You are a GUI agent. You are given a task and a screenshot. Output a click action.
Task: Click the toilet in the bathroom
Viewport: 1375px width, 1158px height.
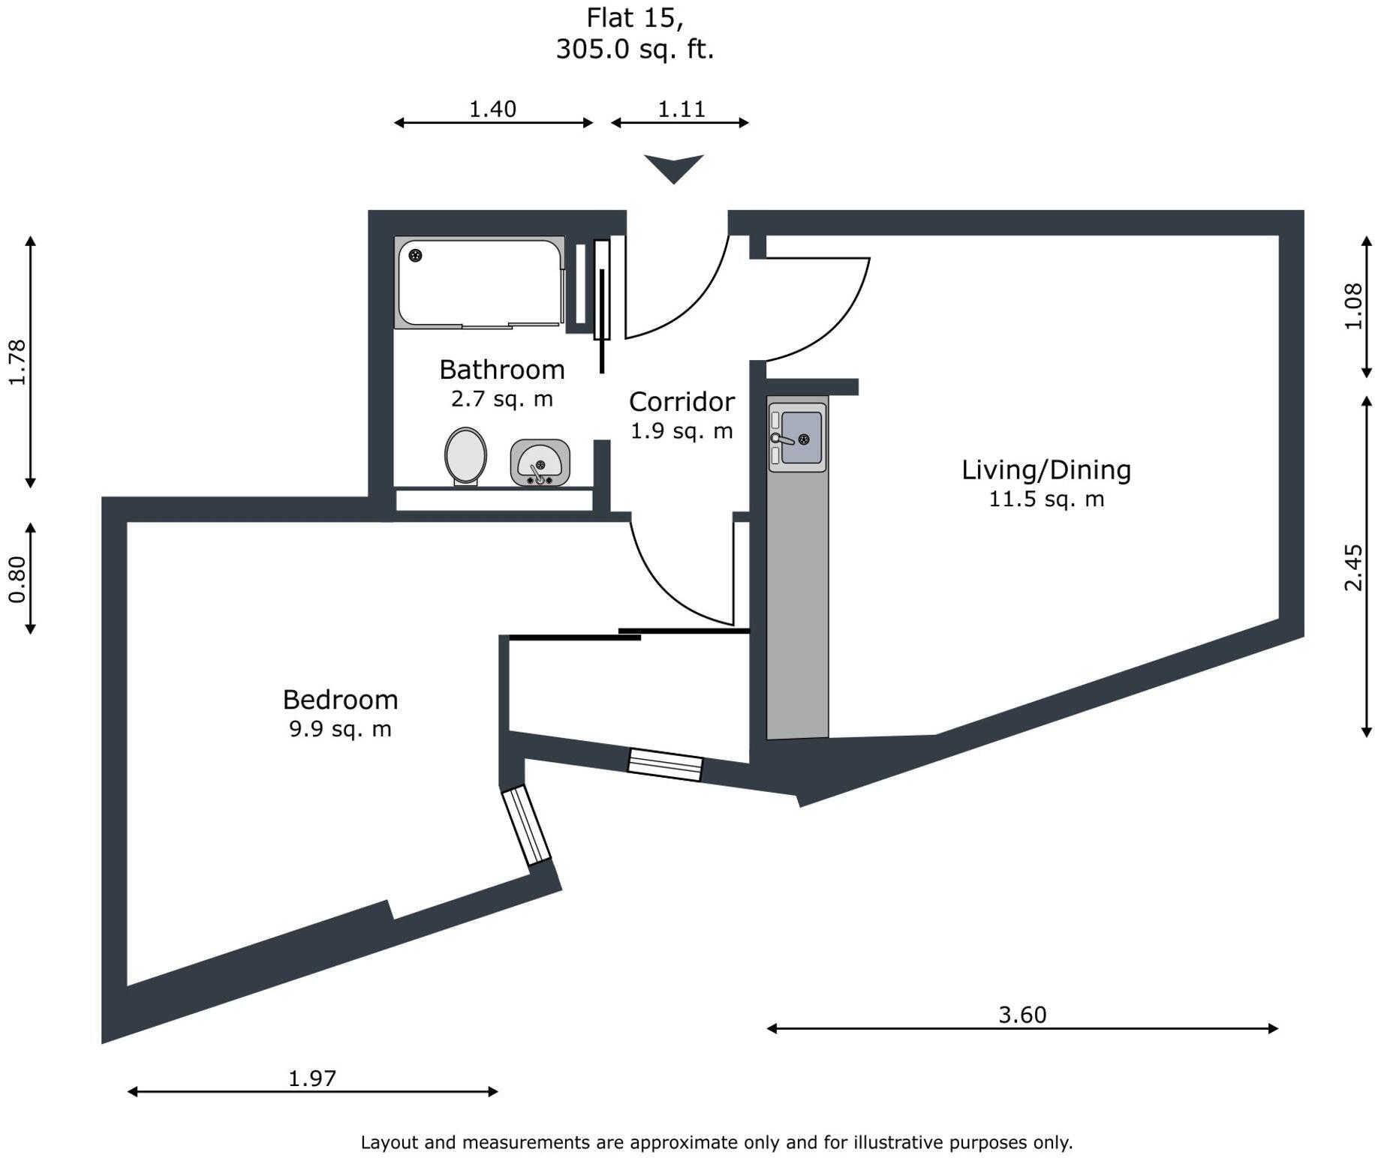(x=465, y=455)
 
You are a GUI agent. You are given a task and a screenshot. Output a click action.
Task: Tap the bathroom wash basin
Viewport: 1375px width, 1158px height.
(x=540, y=462)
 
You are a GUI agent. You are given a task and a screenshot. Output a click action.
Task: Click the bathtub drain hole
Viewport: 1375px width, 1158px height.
(x=415, y=256)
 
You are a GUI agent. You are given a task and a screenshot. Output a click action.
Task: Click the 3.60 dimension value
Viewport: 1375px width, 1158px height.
(x=1022, y=1015)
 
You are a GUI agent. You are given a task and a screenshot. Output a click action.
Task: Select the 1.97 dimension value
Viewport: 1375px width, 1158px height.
(x=312, y=1078)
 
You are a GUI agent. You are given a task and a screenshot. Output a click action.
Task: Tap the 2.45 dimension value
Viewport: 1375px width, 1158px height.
(x=1352, y=568)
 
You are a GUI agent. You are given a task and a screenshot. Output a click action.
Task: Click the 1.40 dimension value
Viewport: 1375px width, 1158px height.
(x=492, y=109)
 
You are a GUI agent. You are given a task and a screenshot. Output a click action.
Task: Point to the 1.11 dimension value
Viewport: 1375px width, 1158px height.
(x=681, y=109)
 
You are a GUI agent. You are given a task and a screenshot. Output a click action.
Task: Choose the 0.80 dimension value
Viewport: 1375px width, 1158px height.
(x=17, y=579)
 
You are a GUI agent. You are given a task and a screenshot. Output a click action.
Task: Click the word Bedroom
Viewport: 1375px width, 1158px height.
(x=340, y=700)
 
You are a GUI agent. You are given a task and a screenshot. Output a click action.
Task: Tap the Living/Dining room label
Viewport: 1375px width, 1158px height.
(x=1046, y=470)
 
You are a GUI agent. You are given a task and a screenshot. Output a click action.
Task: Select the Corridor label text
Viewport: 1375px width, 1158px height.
(x=681, y=402)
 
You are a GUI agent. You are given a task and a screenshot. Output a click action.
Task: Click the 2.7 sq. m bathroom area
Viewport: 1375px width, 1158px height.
(x=502, y=399)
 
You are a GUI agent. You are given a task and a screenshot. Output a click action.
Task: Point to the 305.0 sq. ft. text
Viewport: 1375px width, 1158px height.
(x=635, y=49)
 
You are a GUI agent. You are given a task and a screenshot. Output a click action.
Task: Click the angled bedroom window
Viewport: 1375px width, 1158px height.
(x=526, y=826)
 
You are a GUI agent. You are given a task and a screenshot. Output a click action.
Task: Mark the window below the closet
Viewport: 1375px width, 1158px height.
(x=665, y=765)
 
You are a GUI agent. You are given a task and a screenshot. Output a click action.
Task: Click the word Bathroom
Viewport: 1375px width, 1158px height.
(x=502, y=370)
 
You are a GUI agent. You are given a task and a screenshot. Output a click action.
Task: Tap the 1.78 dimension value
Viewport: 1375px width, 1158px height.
(x=17, y=362)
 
